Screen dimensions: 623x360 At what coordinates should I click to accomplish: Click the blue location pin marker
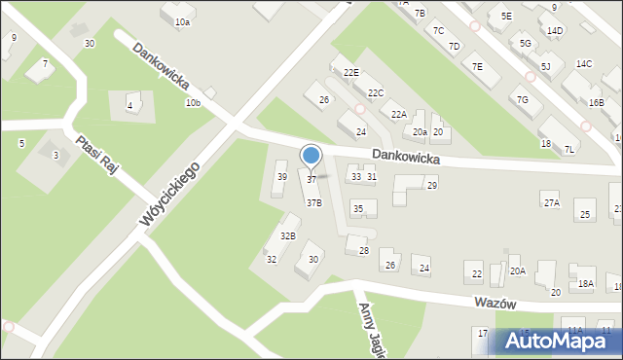point(311,156)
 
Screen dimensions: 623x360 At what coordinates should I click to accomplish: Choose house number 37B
point(313,203)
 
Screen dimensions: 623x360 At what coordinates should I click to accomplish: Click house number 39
point(281,177)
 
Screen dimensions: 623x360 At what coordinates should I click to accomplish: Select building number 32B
point(288,236)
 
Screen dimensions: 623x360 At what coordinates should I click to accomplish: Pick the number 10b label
point(192,103)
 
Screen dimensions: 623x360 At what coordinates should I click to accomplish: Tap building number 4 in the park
point(129,106)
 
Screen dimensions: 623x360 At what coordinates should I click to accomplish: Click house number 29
point(431,185)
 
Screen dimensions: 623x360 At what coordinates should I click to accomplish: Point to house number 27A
point(552,203)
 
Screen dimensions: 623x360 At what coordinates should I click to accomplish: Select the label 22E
point(349,73)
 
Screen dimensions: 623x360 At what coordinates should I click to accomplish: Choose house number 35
point(358,209)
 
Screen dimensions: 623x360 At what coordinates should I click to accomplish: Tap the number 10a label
point(182,21)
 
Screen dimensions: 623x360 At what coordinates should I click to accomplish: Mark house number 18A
point(585,284)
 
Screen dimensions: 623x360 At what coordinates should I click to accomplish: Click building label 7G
point(523,100)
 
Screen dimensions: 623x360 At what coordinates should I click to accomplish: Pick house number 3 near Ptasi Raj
point(55,156)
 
